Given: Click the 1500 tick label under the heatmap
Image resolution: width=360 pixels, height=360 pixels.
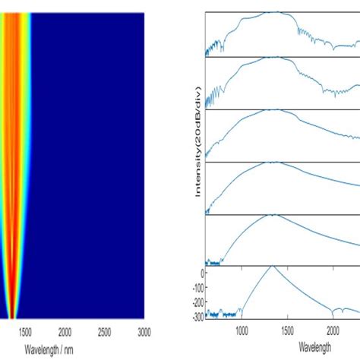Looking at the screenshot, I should coord(24,332).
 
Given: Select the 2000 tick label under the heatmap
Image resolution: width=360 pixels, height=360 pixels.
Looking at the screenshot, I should coord(65,332).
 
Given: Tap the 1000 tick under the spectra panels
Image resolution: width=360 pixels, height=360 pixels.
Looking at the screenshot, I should coord(242,332).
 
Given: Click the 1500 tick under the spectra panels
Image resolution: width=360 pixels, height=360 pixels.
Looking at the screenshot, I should coord(287,332).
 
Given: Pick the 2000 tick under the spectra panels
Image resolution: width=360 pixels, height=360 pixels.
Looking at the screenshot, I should coord(333,332).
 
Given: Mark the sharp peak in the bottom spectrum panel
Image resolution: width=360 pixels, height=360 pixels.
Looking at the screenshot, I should coord(272,267).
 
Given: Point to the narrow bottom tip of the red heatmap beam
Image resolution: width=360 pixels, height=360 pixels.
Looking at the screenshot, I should coord(12,317).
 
